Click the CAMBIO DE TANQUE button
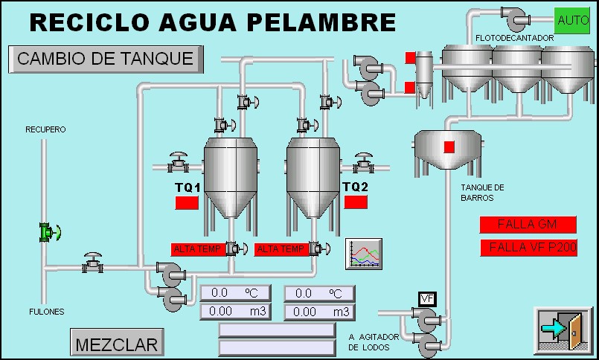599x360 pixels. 105,59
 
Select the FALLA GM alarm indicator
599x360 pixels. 528,224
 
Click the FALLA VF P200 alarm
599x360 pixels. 528,248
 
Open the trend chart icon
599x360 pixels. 363,254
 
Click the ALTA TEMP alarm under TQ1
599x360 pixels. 197,249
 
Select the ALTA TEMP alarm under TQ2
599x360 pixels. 280,249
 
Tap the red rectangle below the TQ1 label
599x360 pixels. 187,202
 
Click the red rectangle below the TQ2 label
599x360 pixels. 356,202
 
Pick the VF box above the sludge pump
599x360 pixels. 427,299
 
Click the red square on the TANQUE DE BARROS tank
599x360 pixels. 449,147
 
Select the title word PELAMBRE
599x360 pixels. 321,22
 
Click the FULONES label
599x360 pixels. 46,311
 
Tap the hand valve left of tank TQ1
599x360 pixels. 179,161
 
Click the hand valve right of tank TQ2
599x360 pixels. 363,161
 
